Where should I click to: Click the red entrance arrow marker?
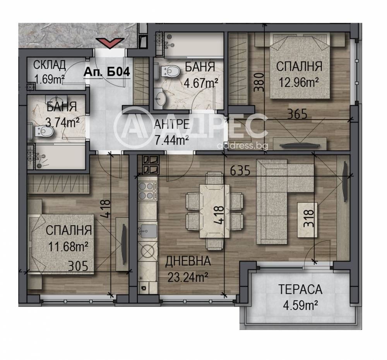point(110,43)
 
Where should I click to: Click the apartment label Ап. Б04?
point(107,72)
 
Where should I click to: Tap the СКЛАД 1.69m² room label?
point(50,72)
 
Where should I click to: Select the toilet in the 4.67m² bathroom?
point(170,71)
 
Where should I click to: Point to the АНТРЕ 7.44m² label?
point(172,133)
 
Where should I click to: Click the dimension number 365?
point(297,114)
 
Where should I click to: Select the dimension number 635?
point(240,170)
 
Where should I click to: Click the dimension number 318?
point(309,218)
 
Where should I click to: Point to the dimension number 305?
point(78,266)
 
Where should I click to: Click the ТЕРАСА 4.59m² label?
point(300,298)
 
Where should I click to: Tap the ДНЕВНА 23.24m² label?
point(188,269)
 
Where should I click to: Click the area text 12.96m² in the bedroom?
point(299,82)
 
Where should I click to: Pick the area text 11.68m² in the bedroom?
point(68,247)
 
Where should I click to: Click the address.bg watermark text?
point(242,146)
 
